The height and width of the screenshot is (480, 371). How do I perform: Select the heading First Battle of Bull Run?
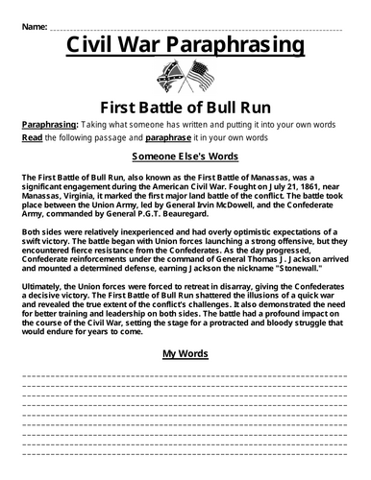click(x=185, y=106)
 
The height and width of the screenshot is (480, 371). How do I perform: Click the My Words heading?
click(x=185, y=354)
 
